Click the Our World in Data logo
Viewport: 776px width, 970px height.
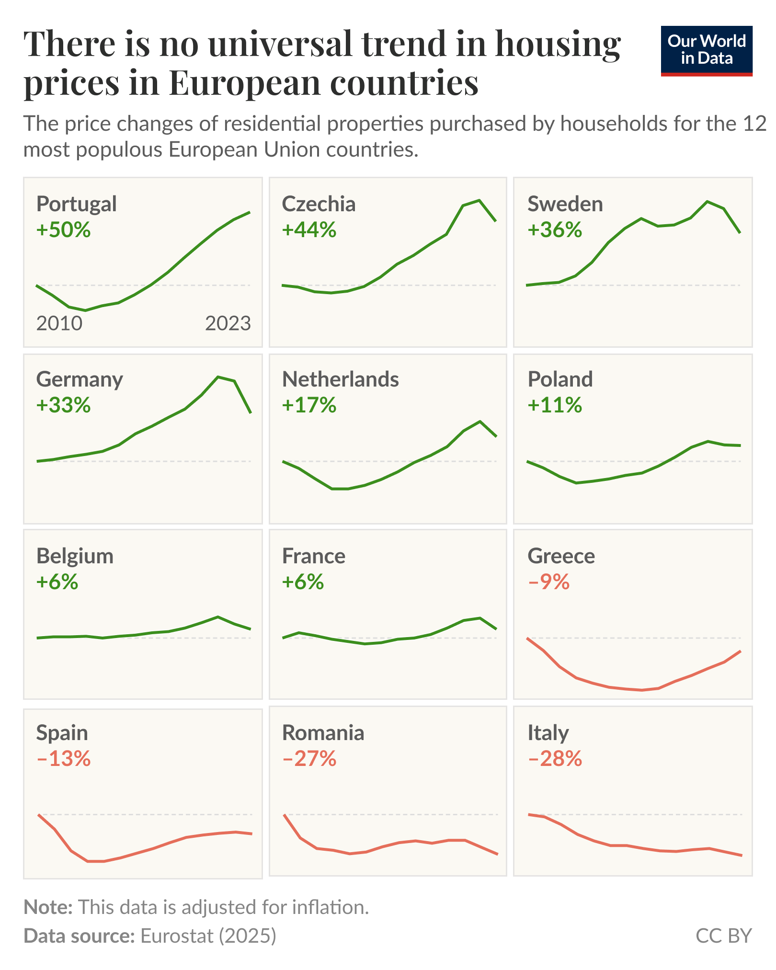[706, 50]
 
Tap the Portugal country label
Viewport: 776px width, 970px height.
[76, 204]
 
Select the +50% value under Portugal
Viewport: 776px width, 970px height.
[63, 230]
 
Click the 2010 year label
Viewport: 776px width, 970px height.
[59, 324]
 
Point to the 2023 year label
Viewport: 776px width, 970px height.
[228, 324]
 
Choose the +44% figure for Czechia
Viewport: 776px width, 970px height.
[309, 230]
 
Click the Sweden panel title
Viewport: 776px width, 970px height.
[565, 204]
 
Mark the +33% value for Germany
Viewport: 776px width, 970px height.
[63, 405]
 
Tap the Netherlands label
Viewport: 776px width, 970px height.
[340, 379]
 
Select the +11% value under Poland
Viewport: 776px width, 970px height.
[555, 405]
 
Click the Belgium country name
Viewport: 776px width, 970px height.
[75, 556]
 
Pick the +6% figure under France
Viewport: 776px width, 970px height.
[303, 582]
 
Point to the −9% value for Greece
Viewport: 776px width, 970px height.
[548, 582]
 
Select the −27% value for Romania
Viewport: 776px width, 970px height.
[309, 759]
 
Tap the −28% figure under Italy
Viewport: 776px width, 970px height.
[555, 759]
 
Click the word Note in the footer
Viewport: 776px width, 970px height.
[48, 907]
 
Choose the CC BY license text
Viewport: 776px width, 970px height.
[723, 936]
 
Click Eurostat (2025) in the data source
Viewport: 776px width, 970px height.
[208, 936]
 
